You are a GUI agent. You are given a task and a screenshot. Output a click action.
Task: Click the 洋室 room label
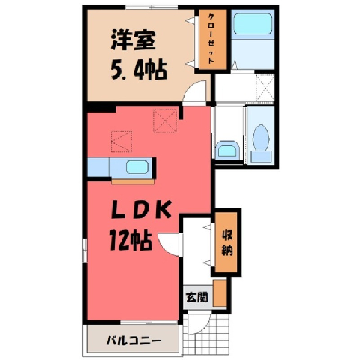(x=133, y=40)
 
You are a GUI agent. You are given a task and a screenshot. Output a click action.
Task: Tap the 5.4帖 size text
(x=139, y=70)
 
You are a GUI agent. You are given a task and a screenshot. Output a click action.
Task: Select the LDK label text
(x=141, y=209)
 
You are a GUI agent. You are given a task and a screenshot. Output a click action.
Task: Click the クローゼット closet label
(x=211, y=39)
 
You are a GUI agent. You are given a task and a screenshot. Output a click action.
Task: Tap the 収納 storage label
(x=227, y=243)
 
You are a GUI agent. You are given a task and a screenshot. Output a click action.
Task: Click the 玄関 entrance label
(x=196, y=297)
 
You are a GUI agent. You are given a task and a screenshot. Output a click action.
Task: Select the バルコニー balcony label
(x=133, y=340)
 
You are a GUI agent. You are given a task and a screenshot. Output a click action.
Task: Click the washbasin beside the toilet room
(x=227, y=151)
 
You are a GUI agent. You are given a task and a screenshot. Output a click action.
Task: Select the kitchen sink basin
(x=137, y=167)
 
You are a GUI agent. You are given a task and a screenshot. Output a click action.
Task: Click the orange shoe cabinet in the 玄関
(x=220, y=292)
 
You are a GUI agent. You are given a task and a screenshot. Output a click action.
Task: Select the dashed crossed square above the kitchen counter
(x=165, y=121)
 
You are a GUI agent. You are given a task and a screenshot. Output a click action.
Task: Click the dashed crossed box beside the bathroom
(x=265, y=87)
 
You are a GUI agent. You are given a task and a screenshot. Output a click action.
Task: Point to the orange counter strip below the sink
(x=133, y=182)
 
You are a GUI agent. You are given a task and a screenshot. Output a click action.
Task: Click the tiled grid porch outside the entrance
(x=206, y=334)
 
